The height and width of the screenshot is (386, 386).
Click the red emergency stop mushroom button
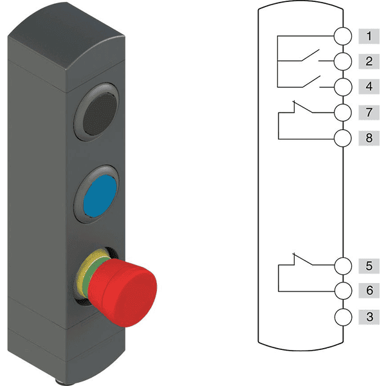122,293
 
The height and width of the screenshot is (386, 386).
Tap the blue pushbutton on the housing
100,196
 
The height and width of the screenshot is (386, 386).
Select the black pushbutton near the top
100,115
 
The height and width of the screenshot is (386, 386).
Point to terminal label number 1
369,36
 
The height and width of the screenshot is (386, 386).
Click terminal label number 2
369,61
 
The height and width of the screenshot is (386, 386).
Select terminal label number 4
369,86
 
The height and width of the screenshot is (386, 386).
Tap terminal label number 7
369,112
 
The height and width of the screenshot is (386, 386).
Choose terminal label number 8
369,138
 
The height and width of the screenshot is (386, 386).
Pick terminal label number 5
369,266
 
